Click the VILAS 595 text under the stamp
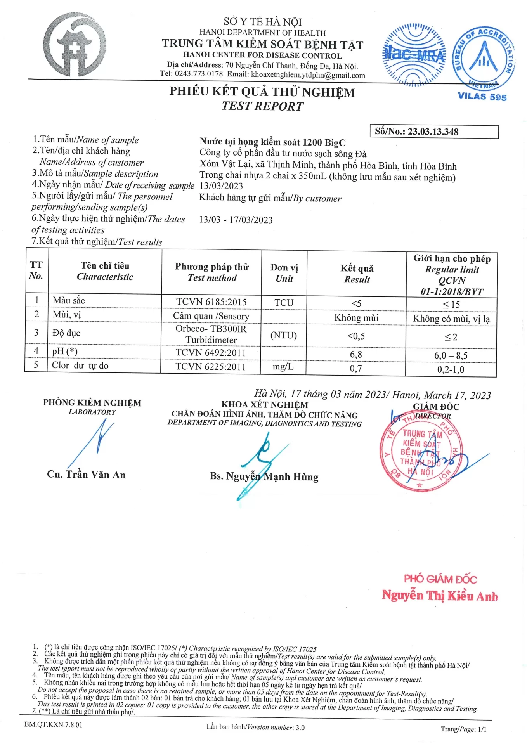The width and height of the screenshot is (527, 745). click(x=482, y=97)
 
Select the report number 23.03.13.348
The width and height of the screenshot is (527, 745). click(x=433, y=132)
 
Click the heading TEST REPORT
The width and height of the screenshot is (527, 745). click(x=262, y=106)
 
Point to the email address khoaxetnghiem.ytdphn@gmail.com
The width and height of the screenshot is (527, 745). click(x=308, y=75)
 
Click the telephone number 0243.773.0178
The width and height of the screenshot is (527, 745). click(x=199, y=74)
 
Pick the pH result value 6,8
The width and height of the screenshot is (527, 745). click(x=356, y=354)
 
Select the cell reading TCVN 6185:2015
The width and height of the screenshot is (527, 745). click(x=211, y=302)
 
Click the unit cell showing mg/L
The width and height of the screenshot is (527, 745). click(x=283, y=367)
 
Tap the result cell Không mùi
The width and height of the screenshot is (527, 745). click(x=356, y=318)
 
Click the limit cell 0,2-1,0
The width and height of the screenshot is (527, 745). click(x=451, y=369)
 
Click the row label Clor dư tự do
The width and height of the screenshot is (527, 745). click(x=80, y=366)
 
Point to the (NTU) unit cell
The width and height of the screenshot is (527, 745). click(x=284, y=335)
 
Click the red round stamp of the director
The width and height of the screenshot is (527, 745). click(x=421, y=452)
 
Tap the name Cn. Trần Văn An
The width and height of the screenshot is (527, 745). click(x=86, y=475)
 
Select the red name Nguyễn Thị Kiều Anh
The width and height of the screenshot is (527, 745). click(x=440, y=596)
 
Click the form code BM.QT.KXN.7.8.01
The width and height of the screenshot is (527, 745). click(x=53, y=724)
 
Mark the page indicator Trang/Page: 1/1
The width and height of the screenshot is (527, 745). click(x=463, y=729)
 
